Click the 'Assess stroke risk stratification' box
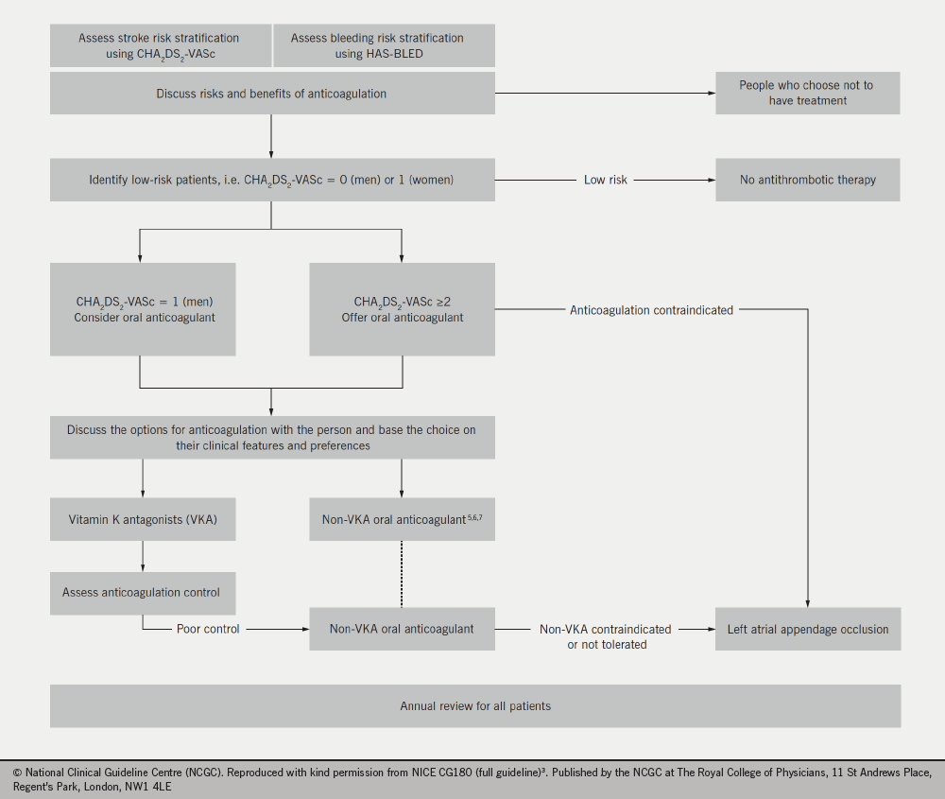tap(160, 45)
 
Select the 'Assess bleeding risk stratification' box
tap(384, 45)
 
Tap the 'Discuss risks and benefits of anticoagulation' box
tap(271, 94)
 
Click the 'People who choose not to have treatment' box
tap(807, 93)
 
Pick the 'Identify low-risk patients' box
tap(271, 180)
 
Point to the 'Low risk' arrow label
tap(606, 180)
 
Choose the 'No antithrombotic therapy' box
tap(807, 180)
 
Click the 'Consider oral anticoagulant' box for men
tap(143, 310)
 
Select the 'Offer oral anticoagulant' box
tap(402, 310)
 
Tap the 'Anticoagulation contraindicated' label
tap(651, 310)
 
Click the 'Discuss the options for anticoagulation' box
tap(271, 438)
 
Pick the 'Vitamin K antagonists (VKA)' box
tap(143, 520)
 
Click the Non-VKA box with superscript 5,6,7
tap(402, 520)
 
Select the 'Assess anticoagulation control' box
tap(143, 592)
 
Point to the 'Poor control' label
tap(208, 629)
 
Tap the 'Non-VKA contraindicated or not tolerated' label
tap(606, 636)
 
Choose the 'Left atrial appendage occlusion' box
tap(807, 629)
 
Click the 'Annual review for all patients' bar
tap(474, 705)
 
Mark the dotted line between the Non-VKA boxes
tap(402, 574)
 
